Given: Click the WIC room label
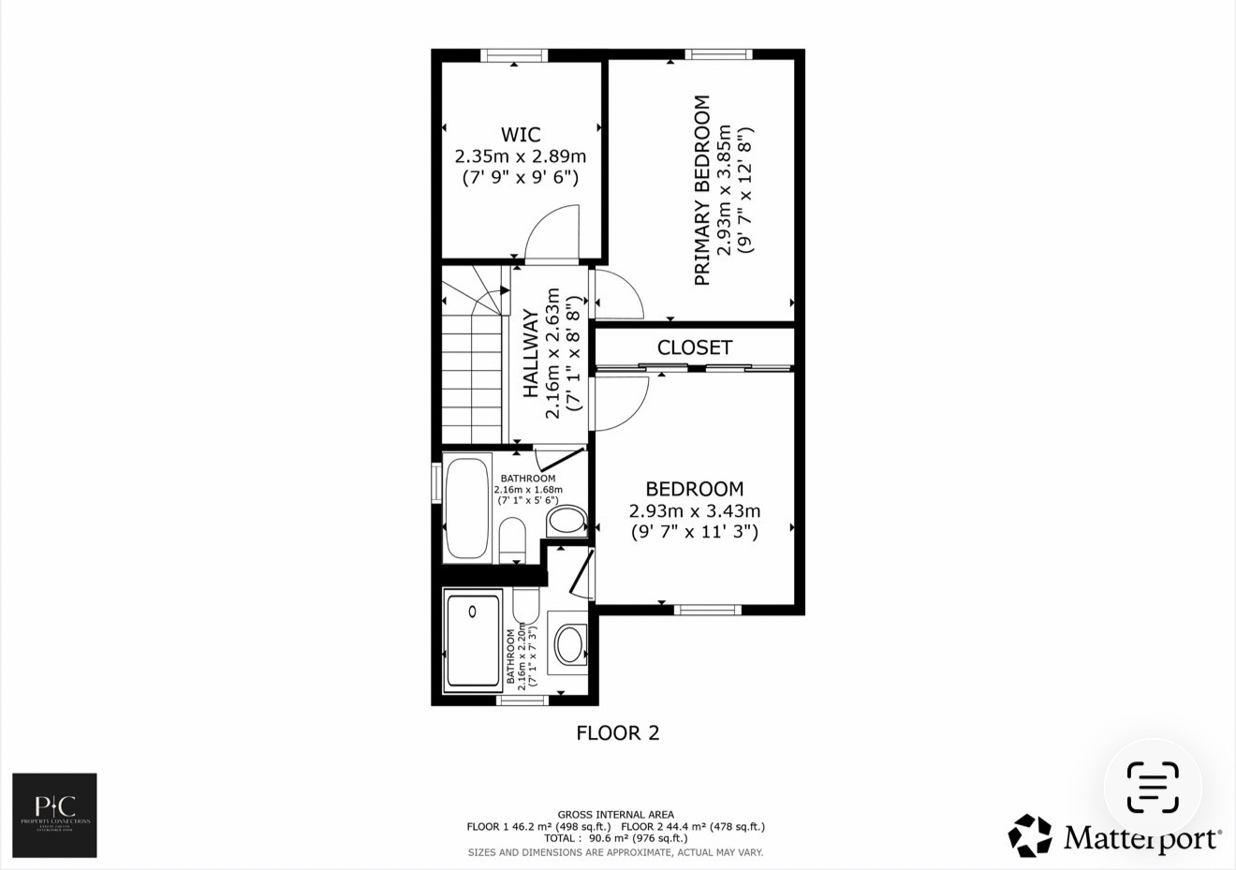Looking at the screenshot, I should [x=520, y=135].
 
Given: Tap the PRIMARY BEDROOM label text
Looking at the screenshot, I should [x=701, y=190].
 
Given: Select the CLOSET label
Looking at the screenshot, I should [x=694, y=347].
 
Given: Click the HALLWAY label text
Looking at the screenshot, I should [x=531, y=353].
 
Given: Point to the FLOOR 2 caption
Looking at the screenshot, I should [x=617, y=732].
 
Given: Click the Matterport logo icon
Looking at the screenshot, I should [x=1030, y=835].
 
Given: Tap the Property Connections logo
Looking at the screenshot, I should [x=54, y=815].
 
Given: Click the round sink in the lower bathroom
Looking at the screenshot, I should [x=568, y=644].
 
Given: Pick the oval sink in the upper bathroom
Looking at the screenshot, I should [x=566, y=521].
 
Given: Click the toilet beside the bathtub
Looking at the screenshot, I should [x=512, y=540].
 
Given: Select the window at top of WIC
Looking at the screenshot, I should [x=514, y=56].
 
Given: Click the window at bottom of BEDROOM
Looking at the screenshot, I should [x=708, y=610].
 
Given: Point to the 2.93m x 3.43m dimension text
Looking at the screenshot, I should [x=694, y=511].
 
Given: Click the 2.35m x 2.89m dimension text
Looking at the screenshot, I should [x=520, y=156].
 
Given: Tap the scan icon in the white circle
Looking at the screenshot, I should [x=1152, y=788].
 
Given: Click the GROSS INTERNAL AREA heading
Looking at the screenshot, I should [x=615, y=815].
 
